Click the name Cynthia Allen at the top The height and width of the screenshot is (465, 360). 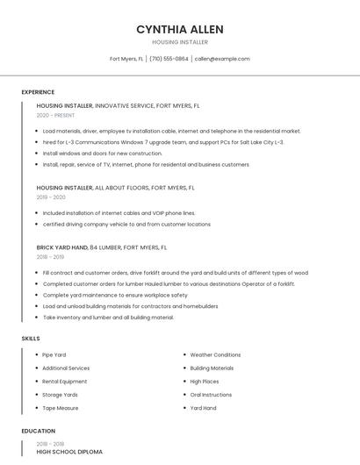coord(179,29)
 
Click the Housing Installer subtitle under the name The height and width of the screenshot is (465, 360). coord(179,42)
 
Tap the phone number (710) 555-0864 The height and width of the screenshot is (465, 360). coord(169,59)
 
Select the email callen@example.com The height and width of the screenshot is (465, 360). coord(222,59)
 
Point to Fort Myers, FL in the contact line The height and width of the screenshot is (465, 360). coord(126,59)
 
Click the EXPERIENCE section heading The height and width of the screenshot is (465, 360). coord(38,92)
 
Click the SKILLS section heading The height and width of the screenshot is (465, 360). coord(31,338)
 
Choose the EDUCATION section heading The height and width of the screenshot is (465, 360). coord(39,431)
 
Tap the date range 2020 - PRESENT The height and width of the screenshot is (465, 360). coord(57,115)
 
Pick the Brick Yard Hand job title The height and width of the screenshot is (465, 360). coord(62,247)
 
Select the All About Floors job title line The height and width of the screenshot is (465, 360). coord(115,188)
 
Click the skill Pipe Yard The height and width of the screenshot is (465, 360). coord(54,354)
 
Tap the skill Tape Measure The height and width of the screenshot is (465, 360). coord(61,408)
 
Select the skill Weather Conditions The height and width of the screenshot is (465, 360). coord(215,354)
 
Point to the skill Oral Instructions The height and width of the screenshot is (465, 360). coord(212,395)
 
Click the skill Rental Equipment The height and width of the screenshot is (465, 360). coord(65,382)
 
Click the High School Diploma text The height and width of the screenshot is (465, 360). coord(69,452)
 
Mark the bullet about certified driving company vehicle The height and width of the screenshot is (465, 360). coord(126,224)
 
